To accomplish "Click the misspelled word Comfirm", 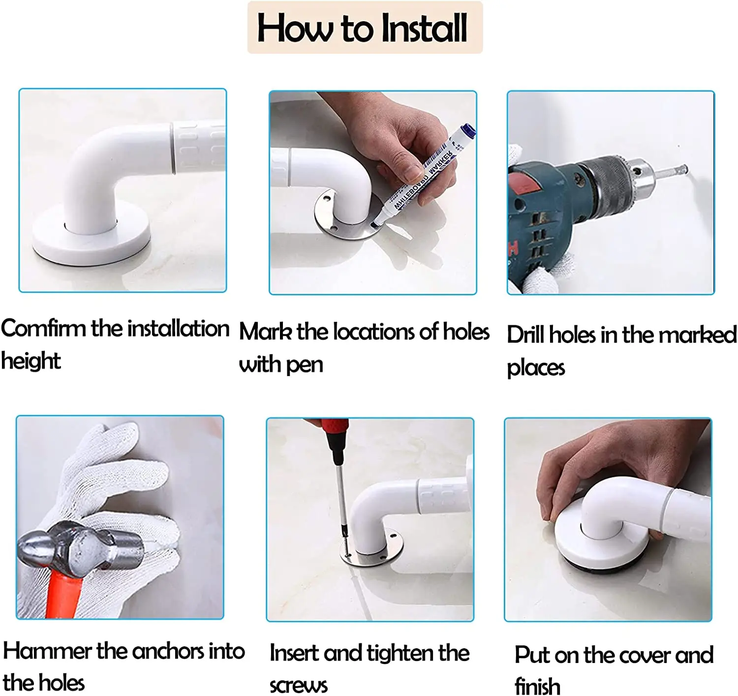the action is click(43, 329).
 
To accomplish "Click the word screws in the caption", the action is click(298, 685).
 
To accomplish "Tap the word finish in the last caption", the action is click(537, 685).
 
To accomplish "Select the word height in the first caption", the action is click(31, 361).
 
